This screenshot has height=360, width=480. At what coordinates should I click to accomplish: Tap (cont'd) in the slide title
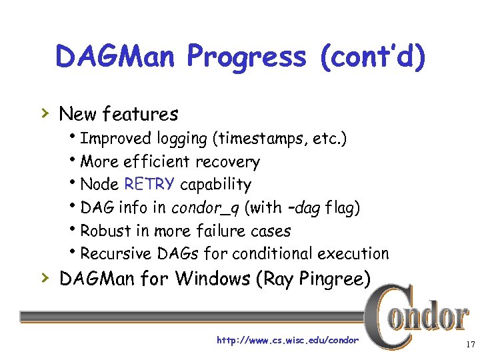pos(372,57)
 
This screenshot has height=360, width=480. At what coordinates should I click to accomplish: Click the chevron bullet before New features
pos(45,114)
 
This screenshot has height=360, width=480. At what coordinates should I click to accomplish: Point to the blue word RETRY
pos(150,184)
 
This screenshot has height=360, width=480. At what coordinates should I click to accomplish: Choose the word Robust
pos(105,231)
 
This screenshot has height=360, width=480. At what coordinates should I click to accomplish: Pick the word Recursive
pos(115,253)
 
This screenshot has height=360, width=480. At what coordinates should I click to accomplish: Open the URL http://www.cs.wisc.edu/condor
pos(287,341)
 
